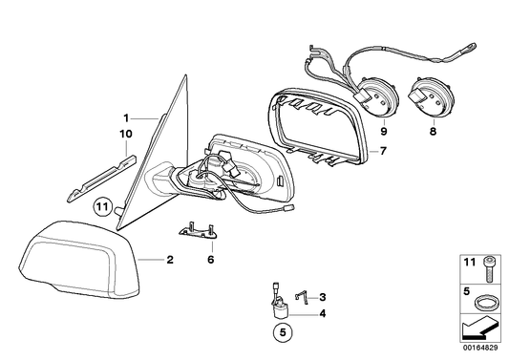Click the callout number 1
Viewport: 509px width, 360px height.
pos(124,118)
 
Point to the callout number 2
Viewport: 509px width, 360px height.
pos(169,260)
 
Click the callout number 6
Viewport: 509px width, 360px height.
pos(211,258)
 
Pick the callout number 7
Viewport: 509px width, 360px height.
pos(382,150)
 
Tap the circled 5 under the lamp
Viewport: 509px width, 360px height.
pos(279,334)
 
